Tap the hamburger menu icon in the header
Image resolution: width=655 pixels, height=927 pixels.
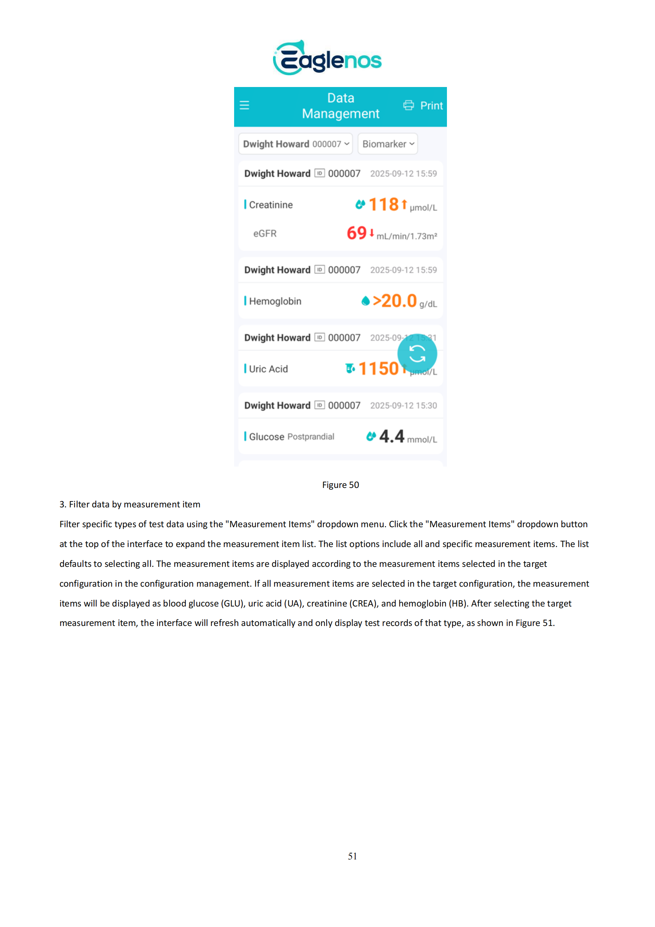click(244, 105)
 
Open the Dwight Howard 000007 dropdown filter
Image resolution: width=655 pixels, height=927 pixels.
click(295, 144)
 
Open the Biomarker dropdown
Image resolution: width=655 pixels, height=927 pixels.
click(387, 144)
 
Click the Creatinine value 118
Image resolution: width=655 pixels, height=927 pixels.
click(383, 204)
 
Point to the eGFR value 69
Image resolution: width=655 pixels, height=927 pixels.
click(356, 233)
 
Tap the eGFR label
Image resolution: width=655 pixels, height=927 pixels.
click(265, 234)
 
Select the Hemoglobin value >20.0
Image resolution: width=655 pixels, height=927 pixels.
click(394, 301)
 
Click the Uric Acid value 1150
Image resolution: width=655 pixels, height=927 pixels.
click(378, 369)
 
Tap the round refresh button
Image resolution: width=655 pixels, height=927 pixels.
click(417, 354)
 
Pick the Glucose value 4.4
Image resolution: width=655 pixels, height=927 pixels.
click(392, 437)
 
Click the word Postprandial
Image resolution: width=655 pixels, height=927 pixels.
click(311, 437)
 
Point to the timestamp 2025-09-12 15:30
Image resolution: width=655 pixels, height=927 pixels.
click(403, 406)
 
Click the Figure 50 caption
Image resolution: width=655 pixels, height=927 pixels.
click(340, 485)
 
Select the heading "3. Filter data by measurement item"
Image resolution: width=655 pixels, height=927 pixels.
click(130, 504)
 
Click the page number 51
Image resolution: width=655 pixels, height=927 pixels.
click(352, 857)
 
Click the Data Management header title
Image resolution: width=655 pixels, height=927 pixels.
click(341, 106)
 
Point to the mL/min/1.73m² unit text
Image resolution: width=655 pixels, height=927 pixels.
click(407, 236)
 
